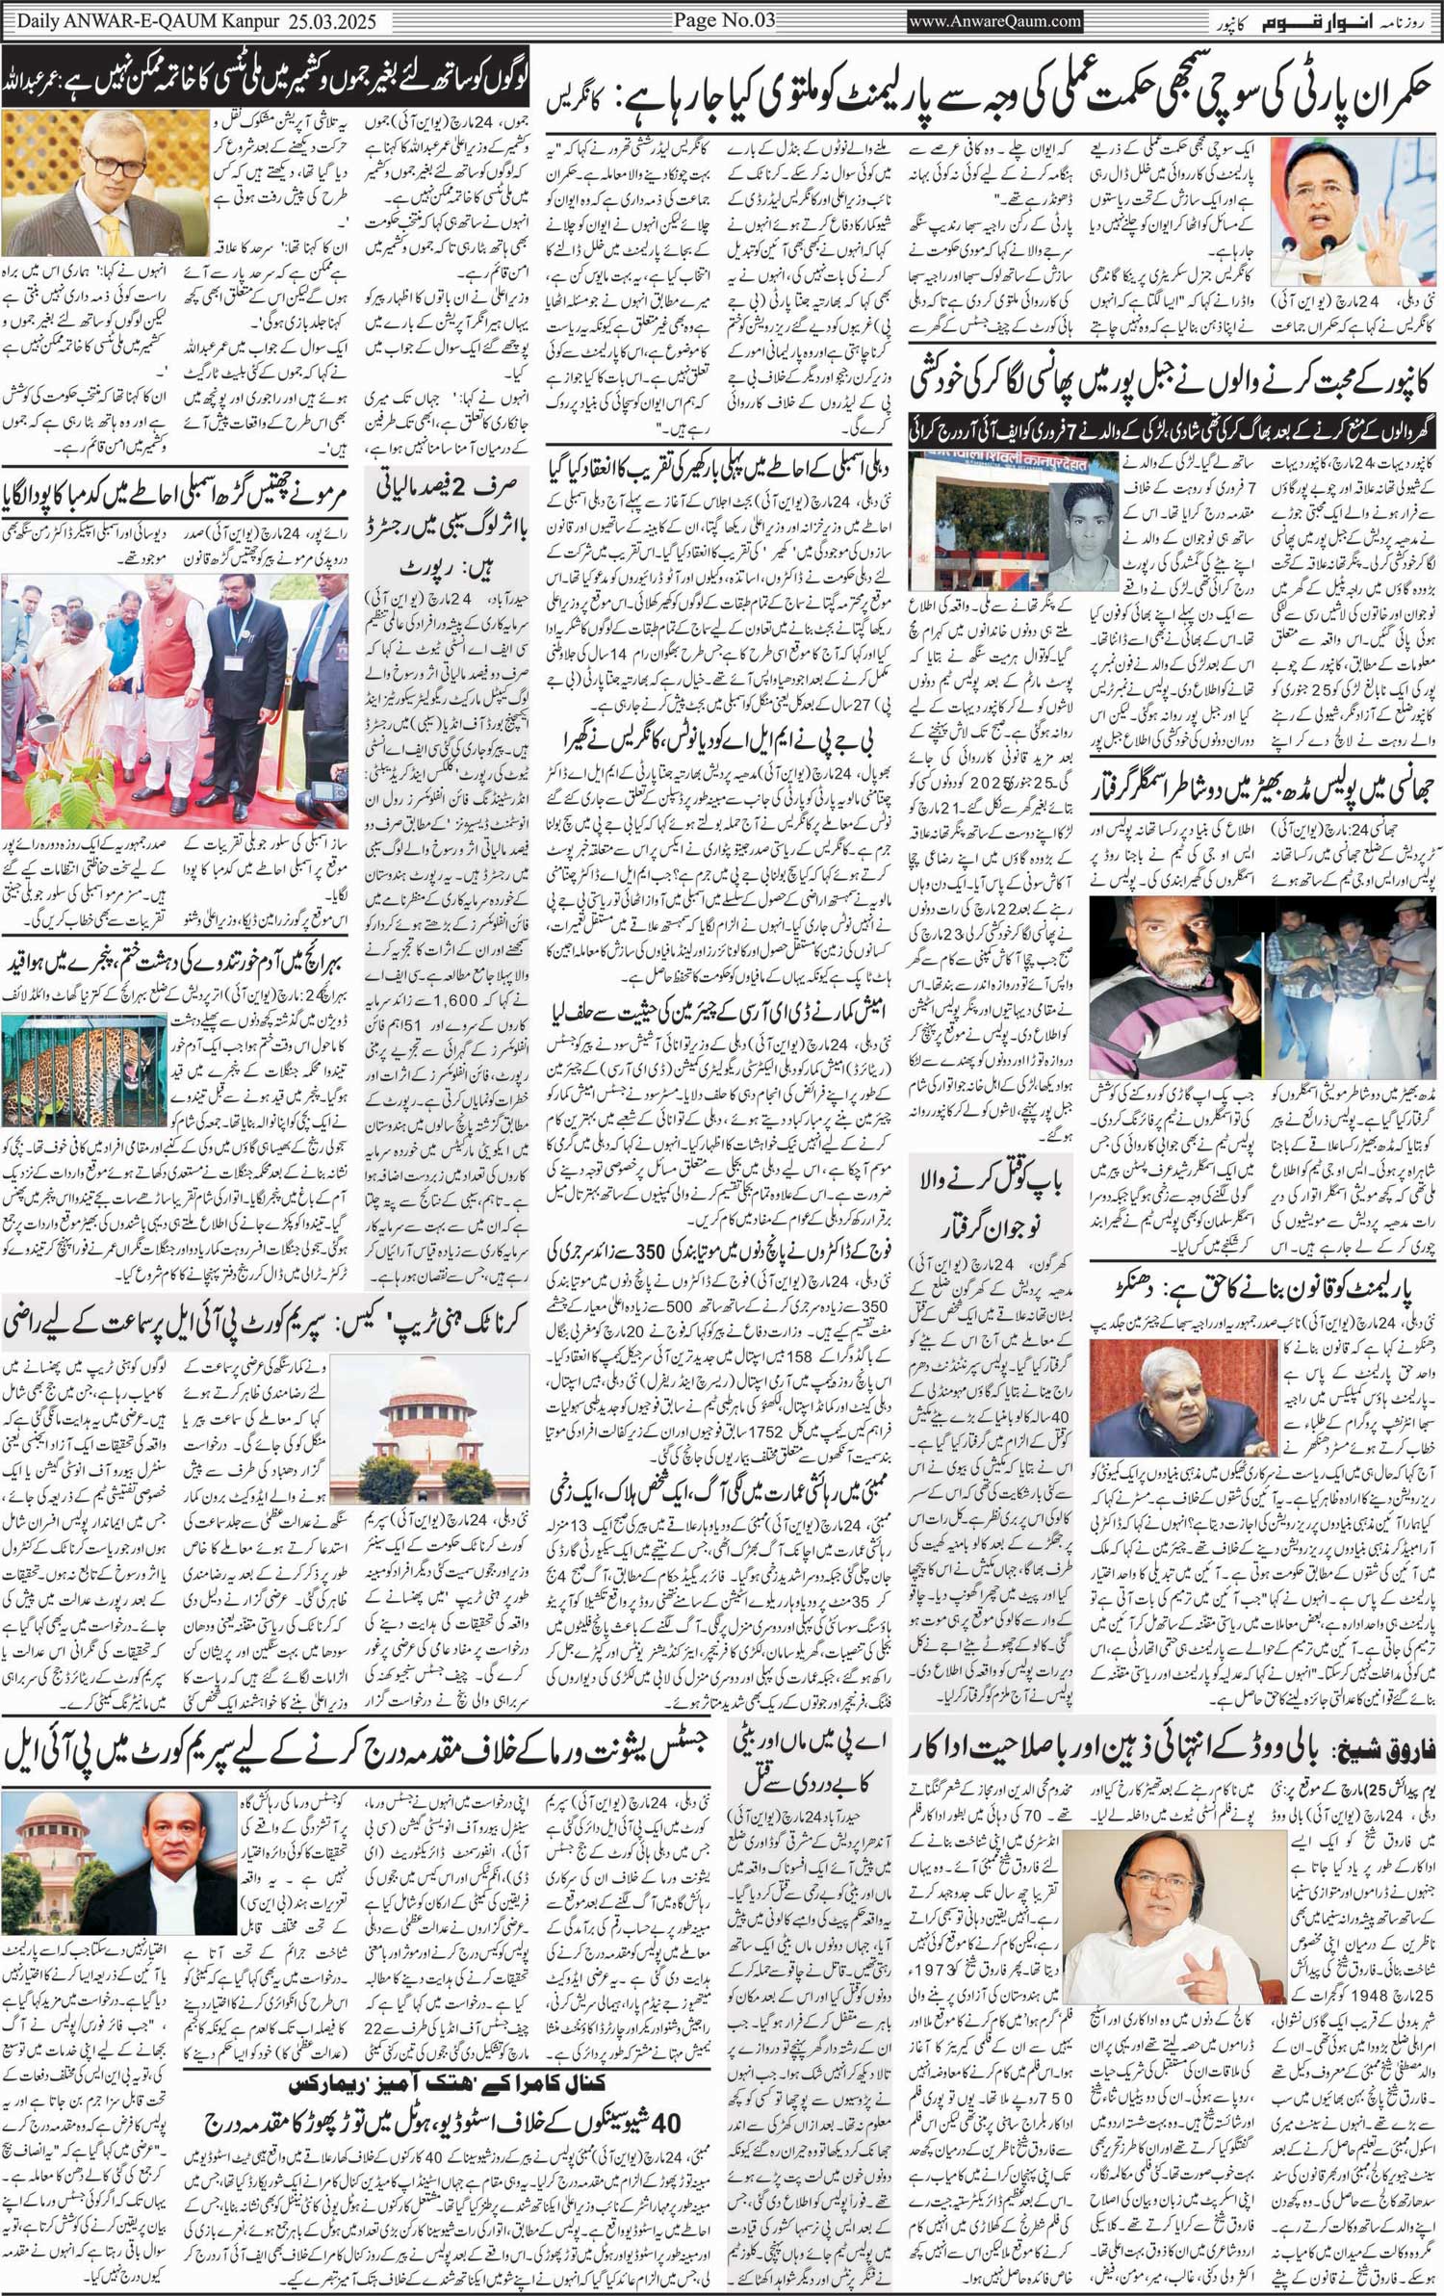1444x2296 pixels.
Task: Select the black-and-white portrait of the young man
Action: tap(1083, 534)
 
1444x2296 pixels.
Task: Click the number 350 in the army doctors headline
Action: tap(658, 1251)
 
